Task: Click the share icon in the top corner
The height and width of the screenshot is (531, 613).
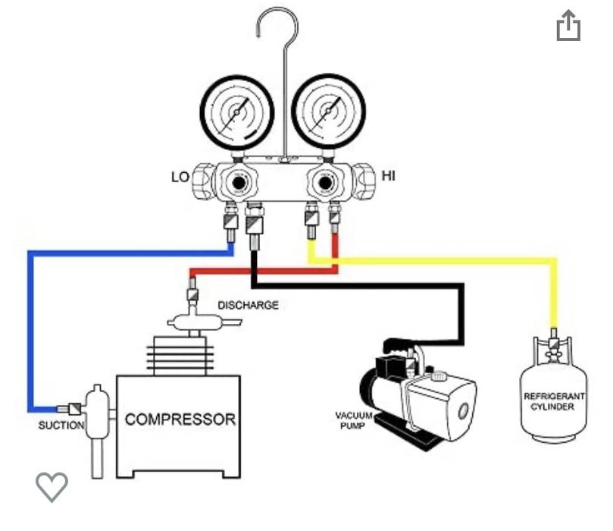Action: [568, 27]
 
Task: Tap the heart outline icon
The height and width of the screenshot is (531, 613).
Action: [52, 485]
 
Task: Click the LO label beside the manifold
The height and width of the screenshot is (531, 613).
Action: [180, 178]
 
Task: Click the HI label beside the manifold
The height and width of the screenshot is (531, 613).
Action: [389, 177]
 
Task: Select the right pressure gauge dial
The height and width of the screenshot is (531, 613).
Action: [326, 114]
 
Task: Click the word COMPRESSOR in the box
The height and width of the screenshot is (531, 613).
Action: [180, 419]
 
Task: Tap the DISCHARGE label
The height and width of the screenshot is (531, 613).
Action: [248, 306]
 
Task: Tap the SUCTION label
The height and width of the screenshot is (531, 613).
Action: [61, 425]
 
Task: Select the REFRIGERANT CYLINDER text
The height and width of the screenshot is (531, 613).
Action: [554, 401]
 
